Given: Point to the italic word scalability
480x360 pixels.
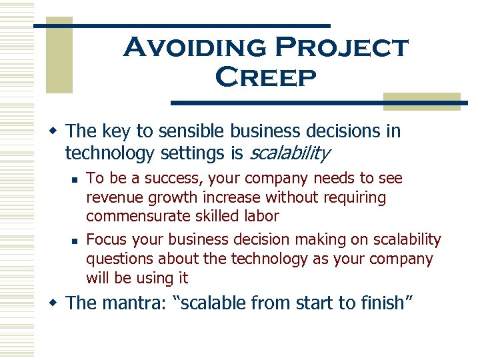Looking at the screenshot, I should [x=289, y=153].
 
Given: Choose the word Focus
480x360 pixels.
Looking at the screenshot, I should [x=107, y=239].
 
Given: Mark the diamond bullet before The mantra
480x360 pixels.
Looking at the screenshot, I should [x=57, y=303].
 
